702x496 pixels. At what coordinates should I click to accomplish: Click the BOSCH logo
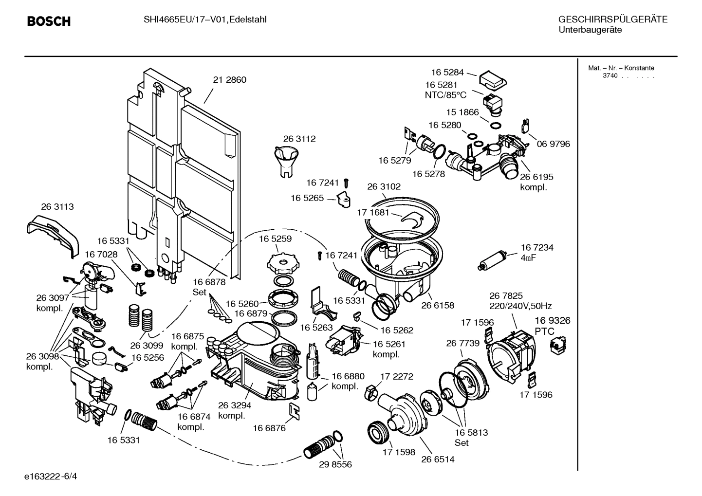pos(49,21)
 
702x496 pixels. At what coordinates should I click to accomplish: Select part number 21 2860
pos(229,80)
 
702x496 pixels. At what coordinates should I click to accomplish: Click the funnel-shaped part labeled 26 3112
pos(286,161)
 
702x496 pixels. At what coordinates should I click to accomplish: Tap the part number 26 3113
pos(57,207)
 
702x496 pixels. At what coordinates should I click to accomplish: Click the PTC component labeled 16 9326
pos(555,345)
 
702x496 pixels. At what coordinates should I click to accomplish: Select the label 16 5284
pos(447,72)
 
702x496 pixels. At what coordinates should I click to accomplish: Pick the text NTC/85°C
pos(445,95)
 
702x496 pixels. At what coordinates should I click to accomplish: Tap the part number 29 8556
pos(335,464)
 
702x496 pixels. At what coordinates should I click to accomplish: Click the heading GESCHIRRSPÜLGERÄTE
pos(612,20)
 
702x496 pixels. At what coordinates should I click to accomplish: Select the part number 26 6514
pos(438,459)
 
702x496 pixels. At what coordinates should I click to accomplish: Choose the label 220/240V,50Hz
pos(520,306)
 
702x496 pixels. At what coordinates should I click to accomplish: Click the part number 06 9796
pos(553,144)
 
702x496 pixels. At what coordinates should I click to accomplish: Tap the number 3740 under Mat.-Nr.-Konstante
pos(610,76)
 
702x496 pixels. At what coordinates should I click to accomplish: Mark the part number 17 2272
pos(396,376)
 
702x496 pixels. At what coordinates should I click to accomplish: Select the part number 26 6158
pos(437,305)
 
